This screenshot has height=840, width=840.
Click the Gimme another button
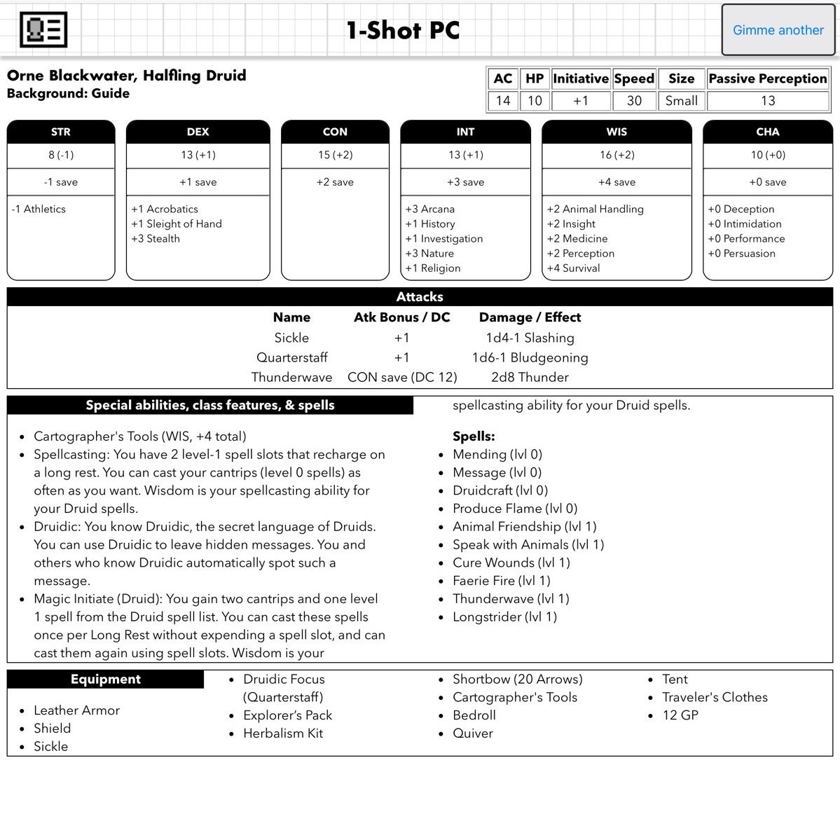778,30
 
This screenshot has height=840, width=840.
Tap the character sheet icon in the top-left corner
43,30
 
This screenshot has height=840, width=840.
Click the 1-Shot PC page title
403,30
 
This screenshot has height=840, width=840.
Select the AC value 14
503,100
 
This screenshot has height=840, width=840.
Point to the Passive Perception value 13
767,100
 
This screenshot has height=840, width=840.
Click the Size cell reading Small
681,100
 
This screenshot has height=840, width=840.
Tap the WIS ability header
617,132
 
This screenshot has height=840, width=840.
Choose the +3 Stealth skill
156,238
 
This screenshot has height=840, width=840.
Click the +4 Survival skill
573,268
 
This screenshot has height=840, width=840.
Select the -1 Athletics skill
39,209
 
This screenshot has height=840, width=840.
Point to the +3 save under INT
465,182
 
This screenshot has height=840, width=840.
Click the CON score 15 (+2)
335,155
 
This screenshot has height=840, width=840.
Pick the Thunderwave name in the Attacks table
291,377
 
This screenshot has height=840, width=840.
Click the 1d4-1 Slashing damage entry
530,338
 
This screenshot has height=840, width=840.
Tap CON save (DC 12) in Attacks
402,377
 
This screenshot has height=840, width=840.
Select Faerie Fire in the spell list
501,580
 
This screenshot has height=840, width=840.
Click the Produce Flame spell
514,508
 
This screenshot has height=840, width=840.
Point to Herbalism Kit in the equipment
283,733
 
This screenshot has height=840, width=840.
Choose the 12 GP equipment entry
680,715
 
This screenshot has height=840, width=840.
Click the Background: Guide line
68,93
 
